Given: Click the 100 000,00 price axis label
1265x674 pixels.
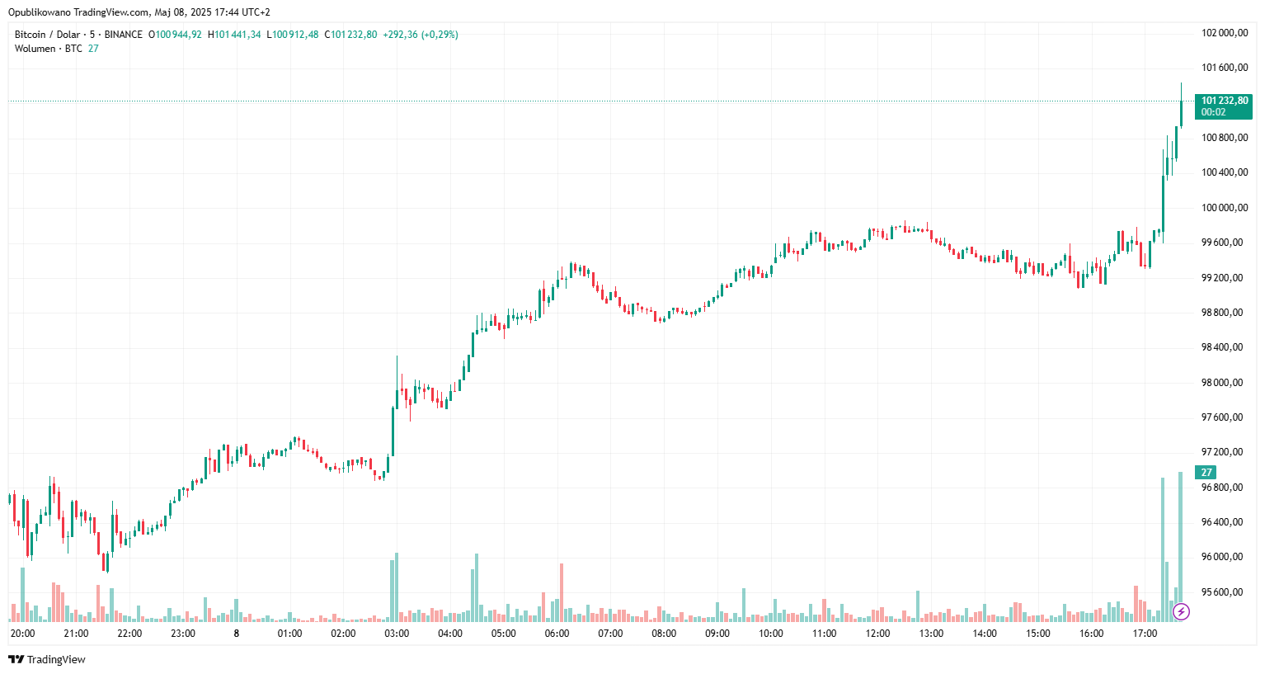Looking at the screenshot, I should [1224, 208].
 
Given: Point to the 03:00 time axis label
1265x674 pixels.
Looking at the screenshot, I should [397, 634].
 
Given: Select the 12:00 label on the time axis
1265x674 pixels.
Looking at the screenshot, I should [877, 634].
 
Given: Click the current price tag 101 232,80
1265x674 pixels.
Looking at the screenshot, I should [1224, 101].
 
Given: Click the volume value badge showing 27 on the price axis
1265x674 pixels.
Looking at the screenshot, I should [1206, 473].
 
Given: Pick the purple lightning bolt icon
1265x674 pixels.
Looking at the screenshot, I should [1181, 611].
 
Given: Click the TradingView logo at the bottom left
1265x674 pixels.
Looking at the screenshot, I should [47, 659].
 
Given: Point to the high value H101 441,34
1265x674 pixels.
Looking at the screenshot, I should [234, 35].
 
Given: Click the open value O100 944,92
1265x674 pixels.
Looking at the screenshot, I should [175, 35].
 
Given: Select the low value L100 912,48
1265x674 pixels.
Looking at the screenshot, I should [293, 35].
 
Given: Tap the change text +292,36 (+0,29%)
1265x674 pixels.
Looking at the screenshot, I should [420, 35].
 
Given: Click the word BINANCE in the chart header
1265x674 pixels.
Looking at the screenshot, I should [123, 35].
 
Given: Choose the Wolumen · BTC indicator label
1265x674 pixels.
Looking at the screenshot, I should [49, 49].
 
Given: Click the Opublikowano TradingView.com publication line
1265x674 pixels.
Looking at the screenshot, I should [139, 12].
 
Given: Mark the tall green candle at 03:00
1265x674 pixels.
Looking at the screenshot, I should [393, 429].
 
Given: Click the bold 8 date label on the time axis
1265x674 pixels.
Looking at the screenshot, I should [237, 634].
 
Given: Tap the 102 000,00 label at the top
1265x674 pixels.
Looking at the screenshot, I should [1224, 33].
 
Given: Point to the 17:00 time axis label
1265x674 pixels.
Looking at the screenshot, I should [1145, 634].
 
